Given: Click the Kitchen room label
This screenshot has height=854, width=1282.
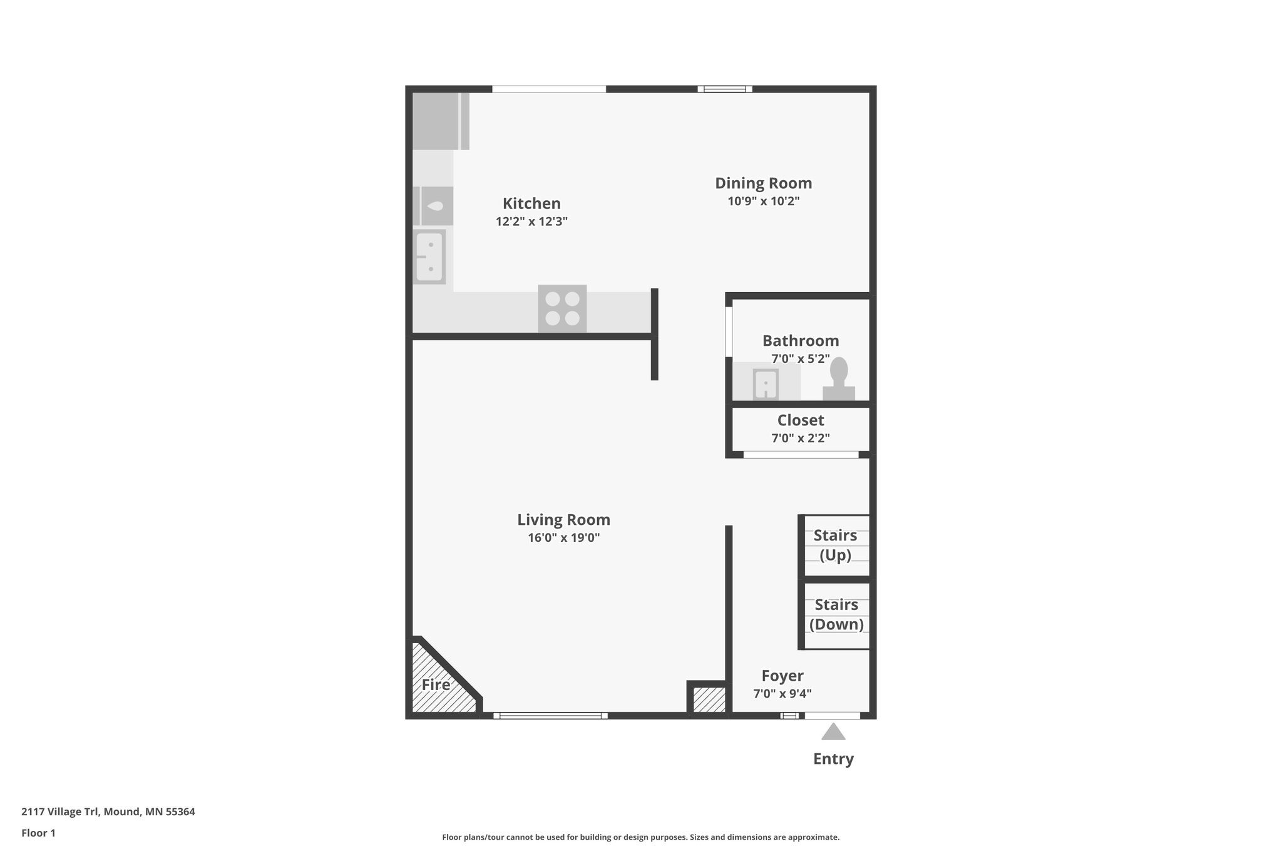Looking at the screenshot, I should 531,203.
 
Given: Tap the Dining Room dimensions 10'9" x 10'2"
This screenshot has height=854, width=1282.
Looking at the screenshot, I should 763,201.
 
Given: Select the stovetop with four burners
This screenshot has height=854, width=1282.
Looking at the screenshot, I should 562,308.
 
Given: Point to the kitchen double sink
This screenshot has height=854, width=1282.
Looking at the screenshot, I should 429,257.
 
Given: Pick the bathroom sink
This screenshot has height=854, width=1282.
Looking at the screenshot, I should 766,384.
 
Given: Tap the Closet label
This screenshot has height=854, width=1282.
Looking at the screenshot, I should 801,420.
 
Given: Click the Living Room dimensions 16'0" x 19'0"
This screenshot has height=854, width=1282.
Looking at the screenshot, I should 563,538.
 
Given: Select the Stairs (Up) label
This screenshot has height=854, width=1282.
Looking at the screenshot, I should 835,545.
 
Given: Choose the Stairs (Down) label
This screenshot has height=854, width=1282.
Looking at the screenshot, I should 836,614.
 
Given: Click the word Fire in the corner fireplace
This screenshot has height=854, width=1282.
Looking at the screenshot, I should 436,684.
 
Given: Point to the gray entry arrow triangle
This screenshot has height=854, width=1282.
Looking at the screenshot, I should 833,732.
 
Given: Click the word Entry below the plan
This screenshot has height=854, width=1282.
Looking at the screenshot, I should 833,759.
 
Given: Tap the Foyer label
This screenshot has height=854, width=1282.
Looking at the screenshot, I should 782,676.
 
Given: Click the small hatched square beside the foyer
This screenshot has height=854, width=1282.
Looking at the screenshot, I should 709,699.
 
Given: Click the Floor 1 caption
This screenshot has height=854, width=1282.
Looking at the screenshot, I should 38,833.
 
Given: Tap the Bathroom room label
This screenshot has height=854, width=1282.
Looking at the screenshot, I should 801,341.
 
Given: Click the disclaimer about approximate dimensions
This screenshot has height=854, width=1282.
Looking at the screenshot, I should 640,837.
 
